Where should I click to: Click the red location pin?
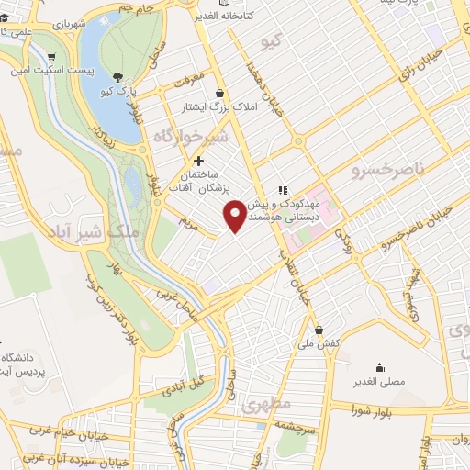(236, 214)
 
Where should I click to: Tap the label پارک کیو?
(118, 92)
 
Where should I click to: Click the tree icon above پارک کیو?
(117, 76)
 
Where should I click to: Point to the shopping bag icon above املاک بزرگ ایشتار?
(219, 94)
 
